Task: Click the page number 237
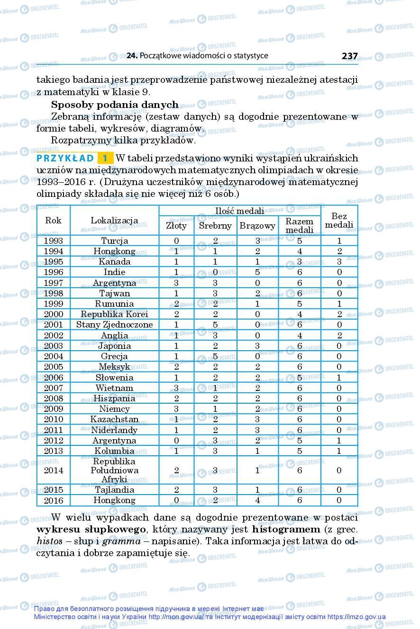point(349,56)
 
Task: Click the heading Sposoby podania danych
point(115,105)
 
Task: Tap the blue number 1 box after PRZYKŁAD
point(105,158)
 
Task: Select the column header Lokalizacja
point(114,220)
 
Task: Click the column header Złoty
point(176,226)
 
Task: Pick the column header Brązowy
point(257,226)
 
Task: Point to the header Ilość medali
point(240,211)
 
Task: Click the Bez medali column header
point(339,220)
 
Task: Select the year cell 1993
point(53,240)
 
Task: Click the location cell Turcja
point(114,240)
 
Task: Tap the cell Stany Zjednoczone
point(114,325)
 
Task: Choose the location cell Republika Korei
point(114,314)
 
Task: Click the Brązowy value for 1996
point(257,272)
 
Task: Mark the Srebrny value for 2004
point(215,356)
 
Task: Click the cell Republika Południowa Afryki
point(114,470)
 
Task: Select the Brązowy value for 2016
point(257,500)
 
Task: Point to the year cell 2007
point(53,388)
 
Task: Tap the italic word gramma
point(121,541)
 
